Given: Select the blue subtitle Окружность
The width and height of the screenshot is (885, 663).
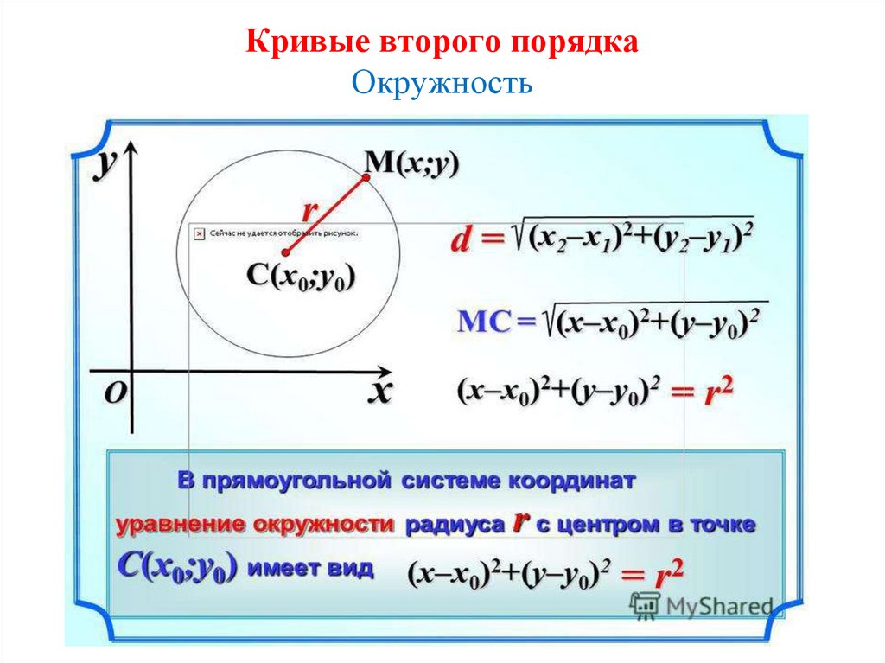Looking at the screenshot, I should coord(441,85).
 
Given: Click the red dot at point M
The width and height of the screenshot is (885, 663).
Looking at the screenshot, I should coord(366,177).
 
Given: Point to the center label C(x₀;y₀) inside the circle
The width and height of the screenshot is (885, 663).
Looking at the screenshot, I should coord(302,276).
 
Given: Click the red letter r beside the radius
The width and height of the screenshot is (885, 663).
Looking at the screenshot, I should coord(309,210).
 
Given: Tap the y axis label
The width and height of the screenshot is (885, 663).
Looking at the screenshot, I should coord(108,163).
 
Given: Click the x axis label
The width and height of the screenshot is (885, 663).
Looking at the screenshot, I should coord(380,391).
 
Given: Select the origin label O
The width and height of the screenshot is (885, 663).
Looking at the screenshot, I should coord(116,393).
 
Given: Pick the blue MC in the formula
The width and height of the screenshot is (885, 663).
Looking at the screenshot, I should coord(475,322).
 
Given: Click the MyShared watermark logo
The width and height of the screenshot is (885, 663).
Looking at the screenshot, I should coord(701,604).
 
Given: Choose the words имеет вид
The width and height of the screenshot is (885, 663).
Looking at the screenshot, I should coord(312,568).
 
